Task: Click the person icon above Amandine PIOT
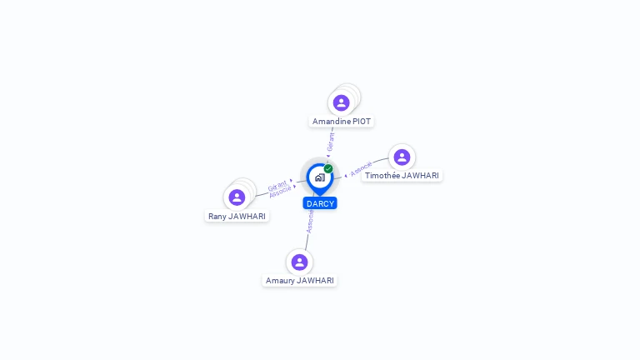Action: click(341, 103)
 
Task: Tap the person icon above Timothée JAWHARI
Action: click(402, 157)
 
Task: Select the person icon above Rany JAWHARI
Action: click(237, 197)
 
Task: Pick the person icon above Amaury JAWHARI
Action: click(299, 262)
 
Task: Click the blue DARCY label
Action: click(320, 203)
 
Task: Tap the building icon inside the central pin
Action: click(319, 177)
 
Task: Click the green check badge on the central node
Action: click(328, 168)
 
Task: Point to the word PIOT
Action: click(362, 122)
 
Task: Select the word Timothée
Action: click(382, 176)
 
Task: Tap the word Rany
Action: click(217, 217)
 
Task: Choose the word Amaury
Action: click(280, 281)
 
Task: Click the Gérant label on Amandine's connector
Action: click(331, 142)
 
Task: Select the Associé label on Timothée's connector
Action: click(361, 169)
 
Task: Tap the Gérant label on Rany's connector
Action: click(277, 185)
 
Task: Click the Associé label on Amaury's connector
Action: click(310, 220)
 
